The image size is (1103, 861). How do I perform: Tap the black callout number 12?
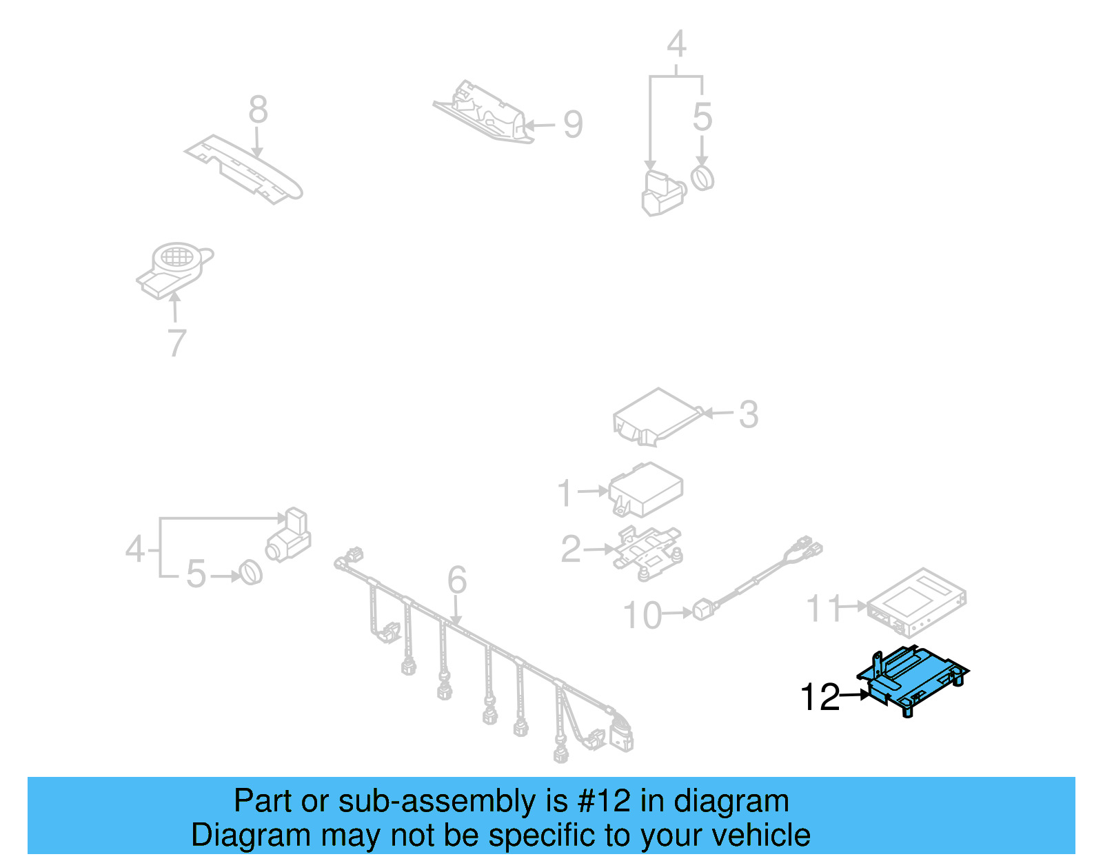pos(820,697)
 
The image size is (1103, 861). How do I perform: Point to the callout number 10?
pos(642,615)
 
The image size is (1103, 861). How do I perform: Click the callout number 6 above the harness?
pos(457,580)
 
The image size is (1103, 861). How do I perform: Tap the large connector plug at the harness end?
pos(620,734)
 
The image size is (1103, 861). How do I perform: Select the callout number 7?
pos(177,343)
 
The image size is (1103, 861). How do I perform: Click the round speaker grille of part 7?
pos(176,256)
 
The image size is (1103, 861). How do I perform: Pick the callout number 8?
pos(258,110)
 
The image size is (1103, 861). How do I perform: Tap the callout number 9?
pos(573,125)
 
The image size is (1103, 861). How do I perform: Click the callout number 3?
pos(748,414)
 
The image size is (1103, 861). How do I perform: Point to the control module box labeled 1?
pos(646,489)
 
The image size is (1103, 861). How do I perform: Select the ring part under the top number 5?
pos(702,178)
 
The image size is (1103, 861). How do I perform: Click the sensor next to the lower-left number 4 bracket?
pos(290,538)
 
